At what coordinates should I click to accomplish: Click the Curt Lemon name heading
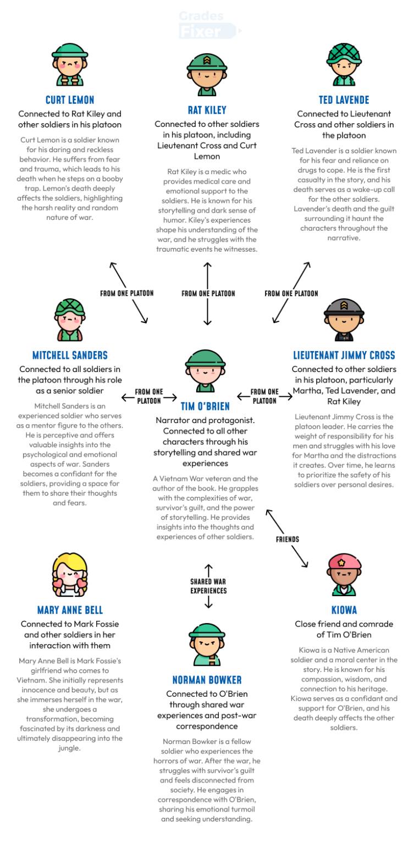[70, 100]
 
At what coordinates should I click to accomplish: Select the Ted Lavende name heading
[344, 100]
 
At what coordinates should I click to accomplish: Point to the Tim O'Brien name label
[206, 407]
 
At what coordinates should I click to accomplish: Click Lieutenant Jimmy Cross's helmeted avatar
[344, 320]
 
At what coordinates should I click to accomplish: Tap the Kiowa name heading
[344, 610]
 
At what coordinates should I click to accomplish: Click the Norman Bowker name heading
[207, 680]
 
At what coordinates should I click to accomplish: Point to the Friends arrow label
[288, 539]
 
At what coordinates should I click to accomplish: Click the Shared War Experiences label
[208, 586]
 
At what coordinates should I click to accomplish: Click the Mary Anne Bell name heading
[70, 610]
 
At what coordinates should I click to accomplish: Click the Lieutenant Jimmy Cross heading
[344, 356]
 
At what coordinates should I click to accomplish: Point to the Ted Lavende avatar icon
[344, 65]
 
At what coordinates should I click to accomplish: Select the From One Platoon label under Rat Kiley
[208, 293]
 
